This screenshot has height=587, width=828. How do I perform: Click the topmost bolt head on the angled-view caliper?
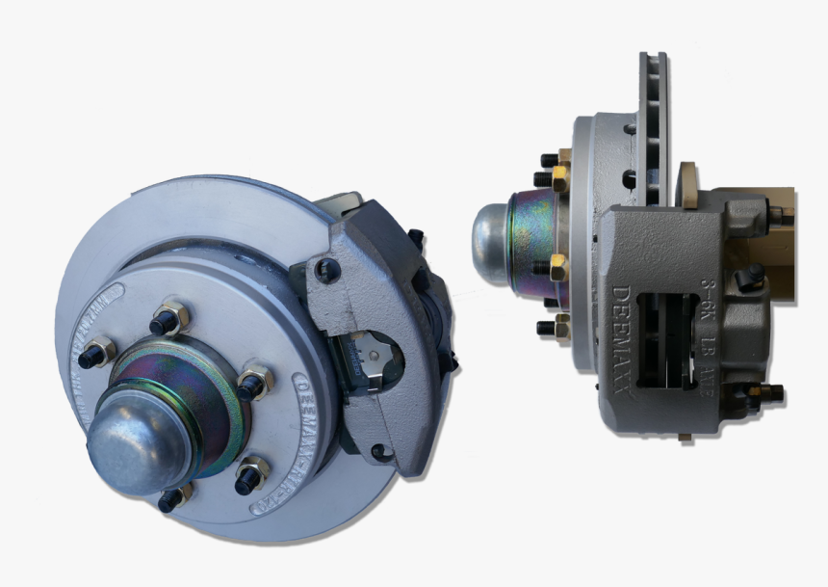(x=416, y=237)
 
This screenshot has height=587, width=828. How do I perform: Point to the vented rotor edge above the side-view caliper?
(x=654, y=125)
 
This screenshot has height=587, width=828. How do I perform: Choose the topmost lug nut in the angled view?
(x=171, y=317)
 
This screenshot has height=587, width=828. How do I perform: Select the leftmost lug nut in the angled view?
(x=99, y=351)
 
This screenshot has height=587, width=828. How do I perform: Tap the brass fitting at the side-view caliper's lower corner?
(x=766, y=393)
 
